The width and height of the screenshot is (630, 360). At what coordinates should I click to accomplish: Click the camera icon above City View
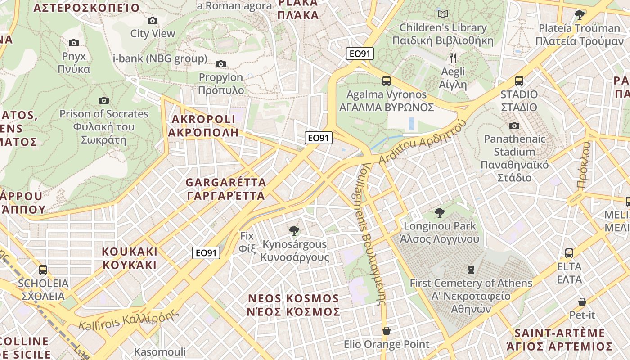(153, 20)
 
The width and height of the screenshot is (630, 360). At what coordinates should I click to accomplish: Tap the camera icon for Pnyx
(74, 43)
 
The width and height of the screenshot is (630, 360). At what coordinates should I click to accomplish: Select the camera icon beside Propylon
(221, 64)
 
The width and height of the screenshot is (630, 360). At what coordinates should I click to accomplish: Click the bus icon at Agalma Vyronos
(387, 81)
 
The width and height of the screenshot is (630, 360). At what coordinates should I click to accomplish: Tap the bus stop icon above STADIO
(519, 81)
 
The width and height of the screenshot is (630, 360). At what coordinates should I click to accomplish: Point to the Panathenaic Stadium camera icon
(514, 126)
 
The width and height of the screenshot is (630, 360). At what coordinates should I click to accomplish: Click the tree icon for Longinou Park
(439, 212)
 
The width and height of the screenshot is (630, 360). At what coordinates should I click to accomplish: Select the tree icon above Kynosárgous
(294, 231)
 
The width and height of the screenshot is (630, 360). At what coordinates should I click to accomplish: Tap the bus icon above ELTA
(569, 253)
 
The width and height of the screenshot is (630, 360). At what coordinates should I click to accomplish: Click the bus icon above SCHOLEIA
(43, 270)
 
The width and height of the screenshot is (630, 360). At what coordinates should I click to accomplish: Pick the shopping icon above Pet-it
(582, 301)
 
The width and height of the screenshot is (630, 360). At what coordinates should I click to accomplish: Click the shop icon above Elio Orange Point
(386, 331)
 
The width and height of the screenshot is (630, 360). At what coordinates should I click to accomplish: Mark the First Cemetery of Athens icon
(471, 270)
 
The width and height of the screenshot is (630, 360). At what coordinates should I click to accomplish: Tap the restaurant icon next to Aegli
(453, 58)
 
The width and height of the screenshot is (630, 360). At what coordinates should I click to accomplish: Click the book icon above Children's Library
(443, 14)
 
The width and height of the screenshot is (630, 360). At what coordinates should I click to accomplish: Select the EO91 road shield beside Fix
(206, 253)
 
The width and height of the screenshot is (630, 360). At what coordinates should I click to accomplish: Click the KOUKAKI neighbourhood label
(130, 258)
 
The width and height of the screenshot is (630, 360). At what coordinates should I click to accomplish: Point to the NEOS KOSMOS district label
(294, 305)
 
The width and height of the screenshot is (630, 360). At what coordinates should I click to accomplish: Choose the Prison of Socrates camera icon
(104, 100)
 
